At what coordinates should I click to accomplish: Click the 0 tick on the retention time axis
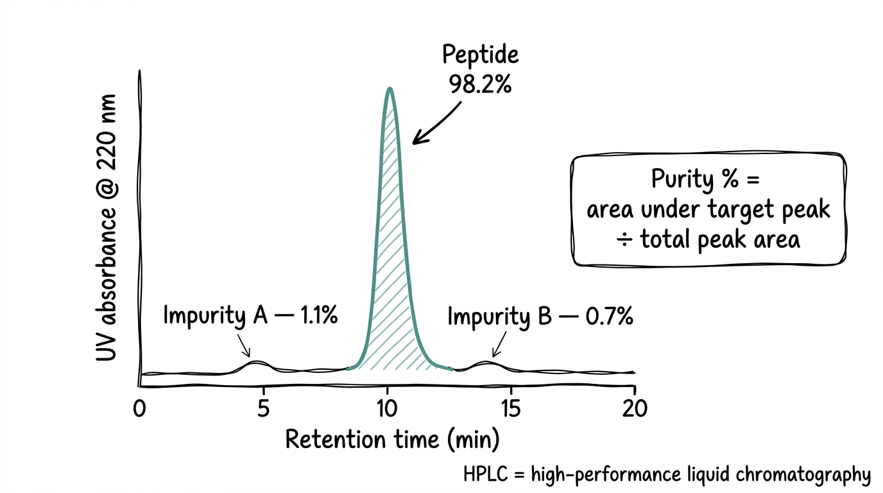[139, 409]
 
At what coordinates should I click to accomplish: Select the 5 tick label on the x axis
[263, 409]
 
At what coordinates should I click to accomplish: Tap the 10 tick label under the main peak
[387, 409]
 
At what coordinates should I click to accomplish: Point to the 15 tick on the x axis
[511, 409]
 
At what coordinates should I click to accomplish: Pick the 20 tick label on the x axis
[635, 409]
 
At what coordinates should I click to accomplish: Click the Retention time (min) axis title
[392, 440]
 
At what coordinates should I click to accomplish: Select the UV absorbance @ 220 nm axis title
[107, 228]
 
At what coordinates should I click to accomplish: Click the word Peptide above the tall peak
[481, 55]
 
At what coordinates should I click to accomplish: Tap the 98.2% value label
[481, 84]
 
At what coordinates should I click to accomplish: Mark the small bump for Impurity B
[488, 364]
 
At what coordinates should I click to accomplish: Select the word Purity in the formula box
[682, 179]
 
